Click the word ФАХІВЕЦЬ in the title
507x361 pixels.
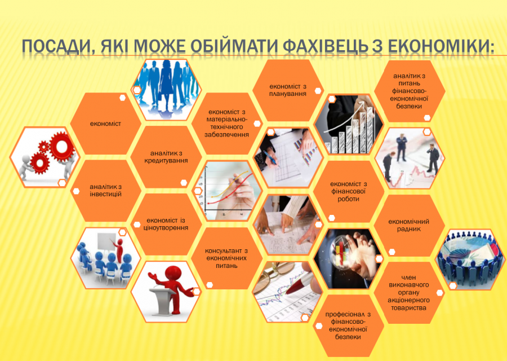[x=325, y=47]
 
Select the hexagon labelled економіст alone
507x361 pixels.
[x=105, y=124]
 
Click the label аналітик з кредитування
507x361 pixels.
[x=166, y=157]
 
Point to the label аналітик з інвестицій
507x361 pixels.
[x=105, y=191]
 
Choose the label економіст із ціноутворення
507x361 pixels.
[x=166, y=224]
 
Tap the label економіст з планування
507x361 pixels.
[x=287, y=90]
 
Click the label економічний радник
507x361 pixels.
[x=409, y=225]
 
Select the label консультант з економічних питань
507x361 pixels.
[x=226, y=258]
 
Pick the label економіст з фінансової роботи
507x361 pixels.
[x=348, y=191]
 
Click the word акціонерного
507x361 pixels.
[x=409, y=300]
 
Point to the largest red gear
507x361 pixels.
[x=61, y=146]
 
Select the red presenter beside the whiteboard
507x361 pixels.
[x=119, y=250]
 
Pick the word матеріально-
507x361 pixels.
[x=226, y=120]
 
